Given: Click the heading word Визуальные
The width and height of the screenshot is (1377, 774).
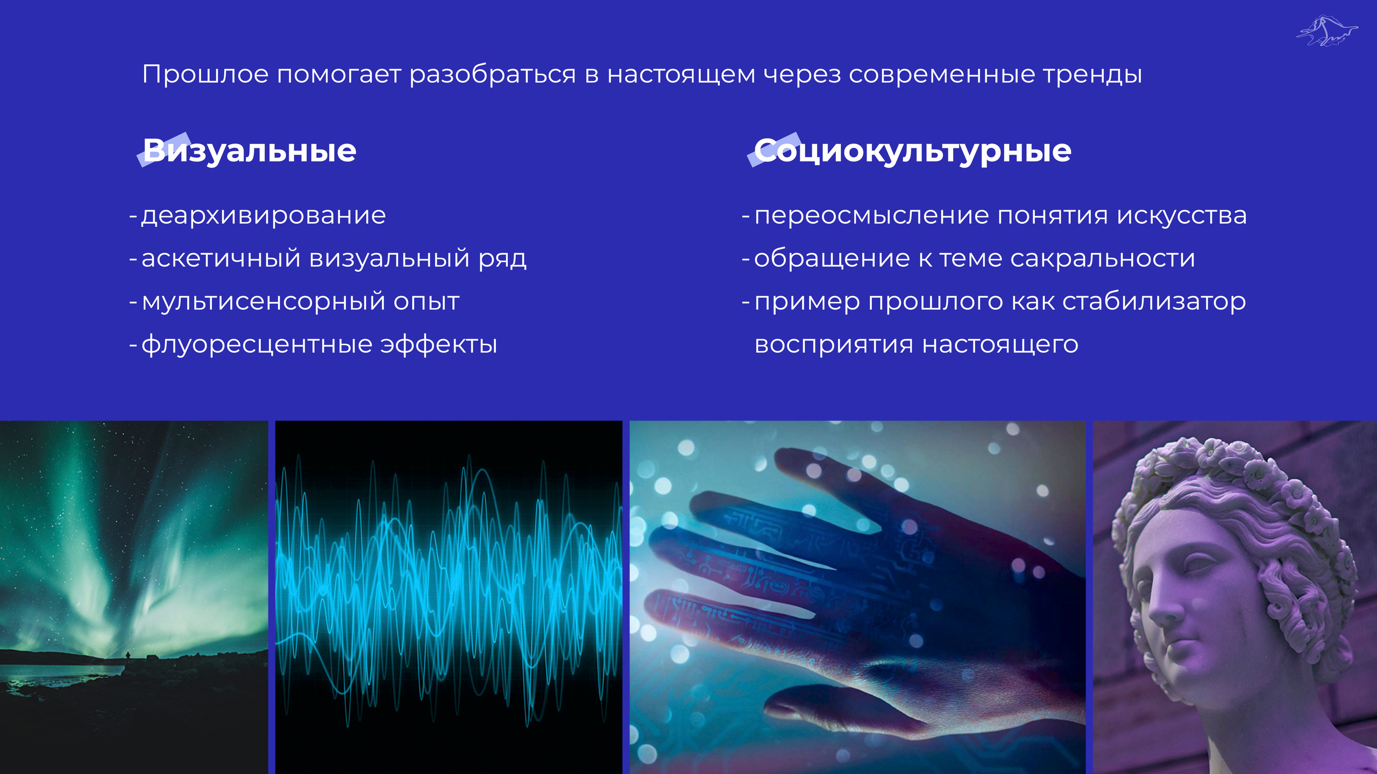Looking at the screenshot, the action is pos(249,151).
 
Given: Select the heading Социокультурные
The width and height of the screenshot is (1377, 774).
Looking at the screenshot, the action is pos(912,151).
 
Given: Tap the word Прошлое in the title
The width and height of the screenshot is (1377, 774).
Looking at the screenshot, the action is pos(205,74).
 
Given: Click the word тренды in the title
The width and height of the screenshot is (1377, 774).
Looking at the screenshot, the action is pos(1092,75).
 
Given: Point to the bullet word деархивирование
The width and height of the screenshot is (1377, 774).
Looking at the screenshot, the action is pos(264,216).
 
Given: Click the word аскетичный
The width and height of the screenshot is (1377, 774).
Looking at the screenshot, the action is pos(221,259).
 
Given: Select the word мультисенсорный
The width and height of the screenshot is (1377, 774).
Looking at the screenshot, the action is pos(264,302).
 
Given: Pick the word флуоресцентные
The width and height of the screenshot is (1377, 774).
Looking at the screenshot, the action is pos(257,345).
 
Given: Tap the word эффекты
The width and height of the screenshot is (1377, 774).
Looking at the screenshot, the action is pos(439,345).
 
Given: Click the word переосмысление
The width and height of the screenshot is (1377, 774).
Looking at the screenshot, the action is pos(871,216).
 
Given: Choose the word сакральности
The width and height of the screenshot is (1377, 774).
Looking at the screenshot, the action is pos(1103,259).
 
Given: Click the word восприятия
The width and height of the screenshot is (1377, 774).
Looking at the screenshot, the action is pos(834,345).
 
